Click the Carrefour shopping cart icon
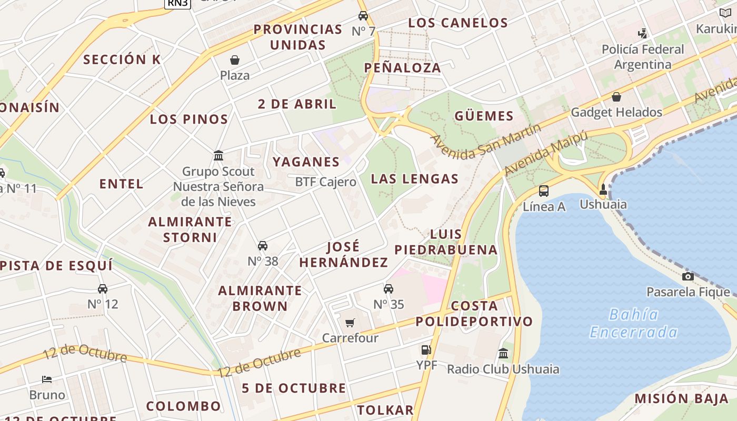[350, 323]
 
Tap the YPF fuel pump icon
[426, 349]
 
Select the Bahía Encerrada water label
[633, 323]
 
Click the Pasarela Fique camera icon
[688, 276]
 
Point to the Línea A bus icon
[544, 191]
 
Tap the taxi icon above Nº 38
[263, 246]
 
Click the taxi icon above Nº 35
[389, 289]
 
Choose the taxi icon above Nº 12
[103, 288]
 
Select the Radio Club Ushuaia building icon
[503, 353]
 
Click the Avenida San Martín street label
[486, 142]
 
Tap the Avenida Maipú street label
[546, 153]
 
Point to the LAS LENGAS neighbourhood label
[415, 179]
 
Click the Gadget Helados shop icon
[616, 97]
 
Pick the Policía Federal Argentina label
[643, 57]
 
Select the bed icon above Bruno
[47, 379]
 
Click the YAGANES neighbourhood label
[306, 162]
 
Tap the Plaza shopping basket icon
[235, 61]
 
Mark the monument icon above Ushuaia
[603, 189]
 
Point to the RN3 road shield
[177, 3]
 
